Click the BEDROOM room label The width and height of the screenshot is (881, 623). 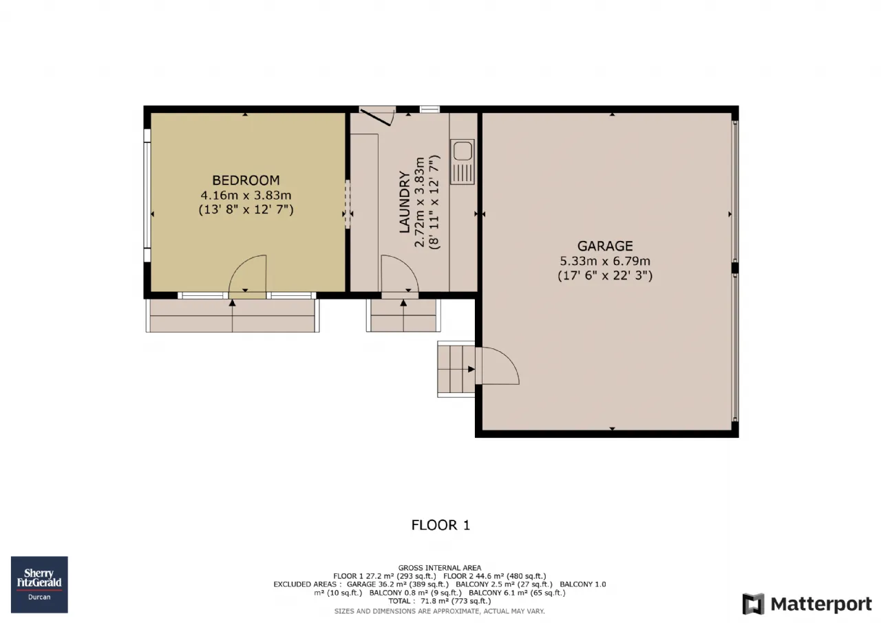(x=246, y=180)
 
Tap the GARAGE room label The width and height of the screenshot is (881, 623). (x=605, y=246)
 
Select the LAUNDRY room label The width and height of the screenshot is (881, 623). (x=405, y=202)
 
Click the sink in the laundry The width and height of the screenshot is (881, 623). (x=462, y=162)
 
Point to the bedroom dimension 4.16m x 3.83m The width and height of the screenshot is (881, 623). (x=246, y=195)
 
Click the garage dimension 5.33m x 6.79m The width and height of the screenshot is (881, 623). (x=605, y=261)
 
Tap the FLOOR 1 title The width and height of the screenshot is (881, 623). (x=440, y=525)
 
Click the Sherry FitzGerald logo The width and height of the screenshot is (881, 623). (x=39, y=584)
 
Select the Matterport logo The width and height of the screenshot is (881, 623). (x=807, y=604)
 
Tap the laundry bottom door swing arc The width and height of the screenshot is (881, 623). (x=409, y=266)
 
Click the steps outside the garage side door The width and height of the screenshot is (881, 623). (x=456, y=369)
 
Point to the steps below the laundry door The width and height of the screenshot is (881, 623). (x=403, y=315)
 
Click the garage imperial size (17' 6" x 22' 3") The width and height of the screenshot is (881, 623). (x=605, y=275)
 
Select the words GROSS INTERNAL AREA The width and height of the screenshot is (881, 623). (x=440, y=568)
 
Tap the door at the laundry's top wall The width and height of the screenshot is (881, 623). (x=377, y=116)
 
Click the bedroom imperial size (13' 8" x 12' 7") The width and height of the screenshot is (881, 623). (x=246, y=209)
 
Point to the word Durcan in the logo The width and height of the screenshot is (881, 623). (x=39, y=597)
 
